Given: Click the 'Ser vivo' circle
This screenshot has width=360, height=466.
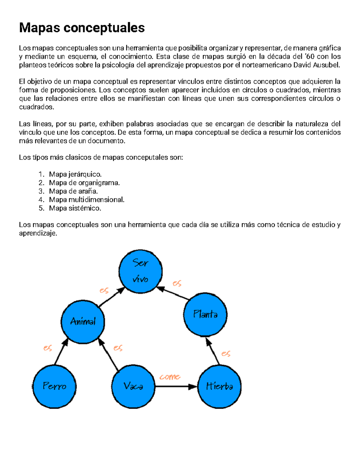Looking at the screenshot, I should pos(140,271).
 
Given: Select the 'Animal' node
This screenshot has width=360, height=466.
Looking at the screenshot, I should pos(83,321).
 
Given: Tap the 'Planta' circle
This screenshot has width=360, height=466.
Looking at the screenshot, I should pos(205,314).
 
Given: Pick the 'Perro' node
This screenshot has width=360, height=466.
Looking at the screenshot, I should pos(54,386).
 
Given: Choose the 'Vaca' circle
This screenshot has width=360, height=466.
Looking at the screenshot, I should pos(133,386).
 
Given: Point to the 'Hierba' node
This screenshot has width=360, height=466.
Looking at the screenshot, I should pos(220,386).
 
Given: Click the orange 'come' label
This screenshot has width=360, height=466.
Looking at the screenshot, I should pos(170,377).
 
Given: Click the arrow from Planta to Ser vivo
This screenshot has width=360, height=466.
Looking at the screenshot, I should pos(173,293).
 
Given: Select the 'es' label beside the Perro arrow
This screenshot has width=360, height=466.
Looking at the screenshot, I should pos(48,348).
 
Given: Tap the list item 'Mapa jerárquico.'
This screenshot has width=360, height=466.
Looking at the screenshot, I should pos(75,174).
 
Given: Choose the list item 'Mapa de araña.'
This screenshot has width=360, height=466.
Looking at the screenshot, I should pos(73,191).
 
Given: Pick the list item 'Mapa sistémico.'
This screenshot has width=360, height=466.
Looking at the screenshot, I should pos(75,208).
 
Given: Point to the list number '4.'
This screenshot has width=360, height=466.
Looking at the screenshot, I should pos(41,200).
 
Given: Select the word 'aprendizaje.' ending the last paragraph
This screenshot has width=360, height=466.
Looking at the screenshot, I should pos(38,233).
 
